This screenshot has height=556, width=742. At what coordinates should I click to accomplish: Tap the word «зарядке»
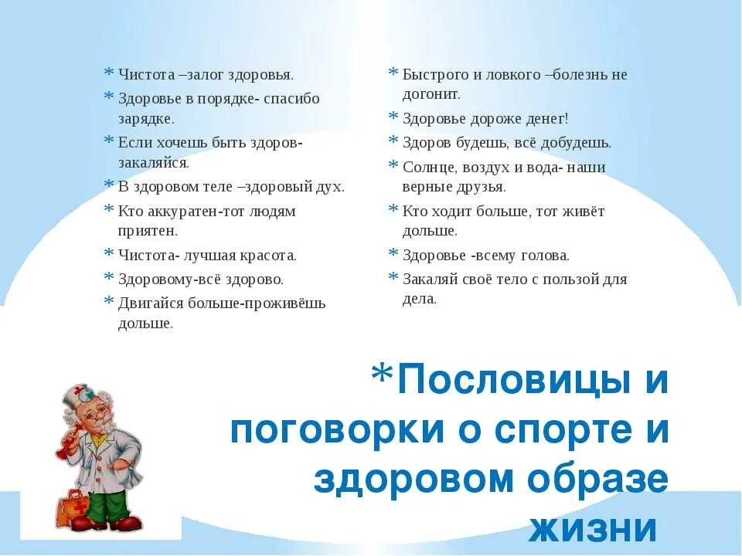coord(146,119)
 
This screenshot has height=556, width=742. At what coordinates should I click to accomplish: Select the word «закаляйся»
coord(153,163)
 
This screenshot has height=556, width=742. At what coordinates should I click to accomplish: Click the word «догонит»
coord(431,94)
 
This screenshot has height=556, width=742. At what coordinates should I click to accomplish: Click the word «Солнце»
coord(427,168)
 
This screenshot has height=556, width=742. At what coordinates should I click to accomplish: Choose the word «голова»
coord(543,255)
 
